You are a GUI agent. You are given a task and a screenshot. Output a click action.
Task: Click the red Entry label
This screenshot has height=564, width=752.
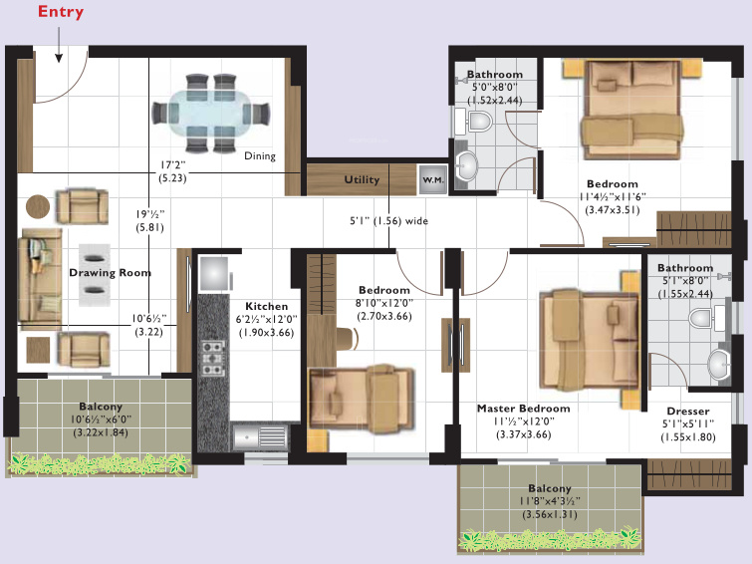pos(61,13)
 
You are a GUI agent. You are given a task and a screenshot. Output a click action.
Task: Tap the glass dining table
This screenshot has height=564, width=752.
pos(210,114)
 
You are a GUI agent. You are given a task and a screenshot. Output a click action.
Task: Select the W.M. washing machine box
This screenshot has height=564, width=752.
pos(432,179)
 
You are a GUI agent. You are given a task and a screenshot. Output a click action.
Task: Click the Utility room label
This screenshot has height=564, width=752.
pos(362,180)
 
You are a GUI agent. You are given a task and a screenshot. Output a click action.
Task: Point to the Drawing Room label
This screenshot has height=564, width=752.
pos(110,272)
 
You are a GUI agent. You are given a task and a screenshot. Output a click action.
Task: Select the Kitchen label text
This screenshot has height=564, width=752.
pos(266,306)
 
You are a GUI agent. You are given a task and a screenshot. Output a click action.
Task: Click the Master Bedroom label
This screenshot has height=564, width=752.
pos(523,409)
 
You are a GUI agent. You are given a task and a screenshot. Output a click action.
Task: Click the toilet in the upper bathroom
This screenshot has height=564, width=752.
pos(478,123)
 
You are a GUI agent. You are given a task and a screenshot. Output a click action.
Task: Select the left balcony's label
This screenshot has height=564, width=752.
pos(101,407)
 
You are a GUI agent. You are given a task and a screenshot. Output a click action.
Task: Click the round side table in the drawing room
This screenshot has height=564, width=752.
pos(38,206)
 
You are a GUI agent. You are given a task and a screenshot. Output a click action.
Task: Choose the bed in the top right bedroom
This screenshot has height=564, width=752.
pos(623,115)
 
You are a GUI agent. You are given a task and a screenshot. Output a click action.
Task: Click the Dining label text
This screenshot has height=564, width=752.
pos(260,155)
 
